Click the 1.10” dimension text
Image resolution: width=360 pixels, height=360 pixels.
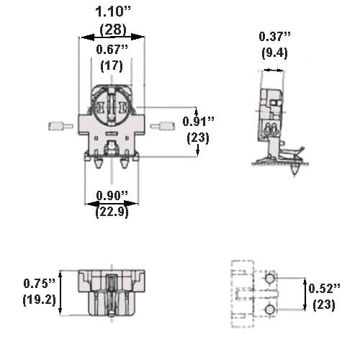[x=111, y=12]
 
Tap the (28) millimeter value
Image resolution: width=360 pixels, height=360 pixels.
[x=112, y=30]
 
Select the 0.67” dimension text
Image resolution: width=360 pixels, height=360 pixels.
[x=111, y=49]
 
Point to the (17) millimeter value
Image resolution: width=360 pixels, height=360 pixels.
[x=111, y=65]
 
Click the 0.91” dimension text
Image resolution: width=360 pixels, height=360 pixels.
[x=198, y=121]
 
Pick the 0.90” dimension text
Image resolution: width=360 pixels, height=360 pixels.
[x=112, y=196]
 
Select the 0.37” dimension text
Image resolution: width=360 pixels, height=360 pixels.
[x=274, y=37]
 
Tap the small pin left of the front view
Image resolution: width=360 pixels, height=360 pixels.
[x=56, y=127]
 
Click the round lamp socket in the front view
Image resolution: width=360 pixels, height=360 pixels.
[x=112, y=104]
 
